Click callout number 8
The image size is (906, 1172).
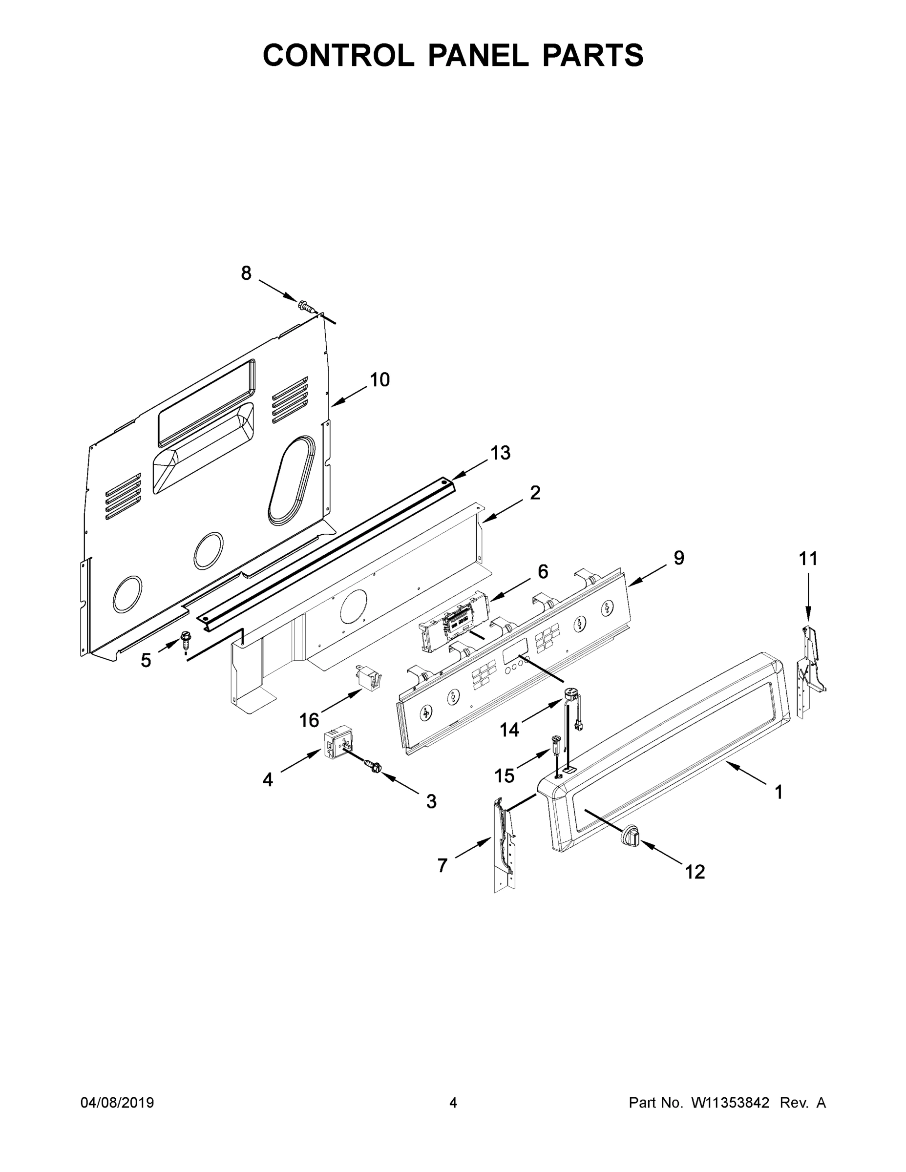(246, 273)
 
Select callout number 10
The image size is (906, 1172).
(379, 379)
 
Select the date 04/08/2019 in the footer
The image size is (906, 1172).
(117, 1102)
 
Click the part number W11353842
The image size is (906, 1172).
(730, 1102)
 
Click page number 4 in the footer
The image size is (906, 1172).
(453, 1102)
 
